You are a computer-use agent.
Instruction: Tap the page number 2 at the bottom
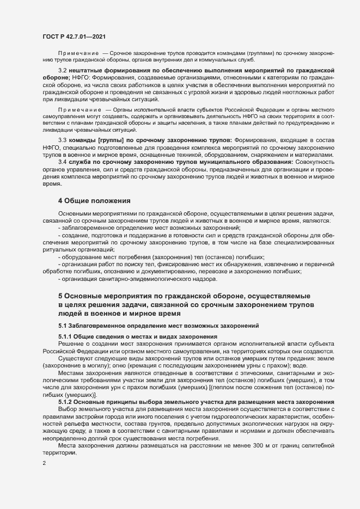coord(44,464)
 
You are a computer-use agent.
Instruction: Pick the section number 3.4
coord(62,162)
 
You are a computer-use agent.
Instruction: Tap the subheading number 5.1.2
coord(66,402)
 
